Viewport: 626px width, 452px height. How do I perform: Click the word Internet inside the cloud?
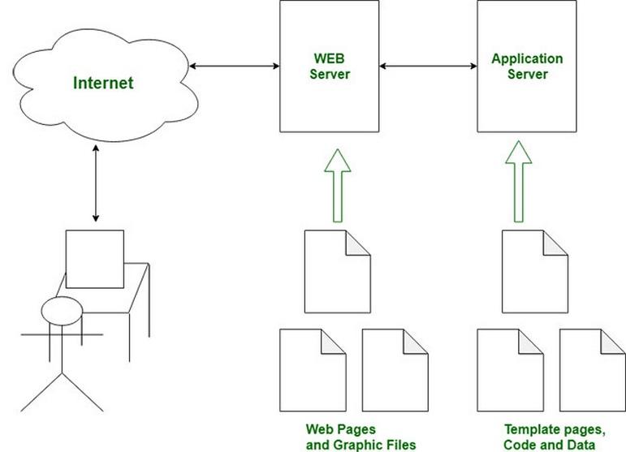[x=103, y=83]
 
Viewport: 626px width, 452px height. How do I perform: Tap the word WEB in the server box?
[x=329, y=58]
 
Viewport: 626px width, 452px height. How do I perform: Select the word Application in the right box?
[x=527, y=59]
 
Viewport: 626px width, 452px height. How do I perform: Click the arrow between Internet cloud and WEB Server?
[x=235, y=66]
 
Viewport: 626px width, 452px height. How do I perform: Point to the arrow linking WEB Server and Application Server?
[x=428, y=66]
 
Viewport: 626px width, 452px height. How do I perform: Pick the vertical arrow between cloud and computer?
[x=96, y=183]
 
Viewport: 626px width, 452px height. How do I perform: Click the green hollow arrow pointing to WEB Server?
[x=337, y=186]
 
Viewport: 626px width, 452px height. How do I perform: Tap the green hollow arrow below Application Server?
[x=519, y=181]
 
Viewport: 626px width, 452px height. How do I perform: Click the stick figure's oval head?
[x=62, y=311]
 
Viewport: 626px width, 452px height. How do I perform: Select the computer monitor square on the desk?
[x=95, y=259]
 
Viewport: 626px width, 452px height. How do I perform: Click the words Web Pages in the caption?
[x=340, y=429]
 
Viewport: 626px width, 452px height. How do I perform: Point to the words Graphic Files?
[x=374, y=445]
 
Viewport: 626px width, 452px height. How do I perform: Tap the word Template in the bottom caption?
[x=531, y=429]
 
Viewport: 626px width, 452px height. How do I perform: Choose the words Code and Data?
[x=550, y=445]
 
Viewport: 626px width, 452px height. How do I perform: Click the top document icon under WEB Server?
[x=337, y=272]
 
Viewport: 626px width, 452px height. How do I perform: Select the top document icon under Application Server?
[x=534, y=272]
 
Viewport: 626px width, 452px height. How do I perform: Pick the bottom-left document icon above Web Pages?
[x=313, y=370]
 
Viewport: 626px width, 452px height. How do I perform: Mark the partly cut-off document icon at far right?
[x=593, y=370]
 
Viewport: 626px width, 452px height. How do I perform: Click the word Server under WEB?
[x=330, y=74]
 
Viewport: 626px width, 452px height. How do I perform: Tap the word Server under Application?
[x=528, y=74]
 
